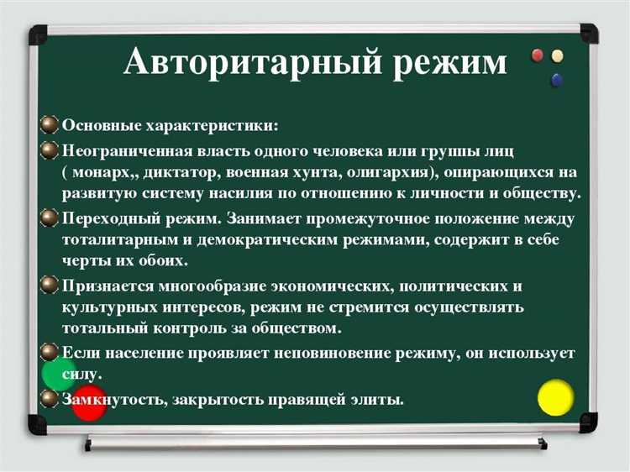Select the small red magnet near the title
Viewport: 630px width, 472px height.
click(539, 57)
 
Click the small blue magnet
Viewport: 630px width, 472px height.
click(555, 81)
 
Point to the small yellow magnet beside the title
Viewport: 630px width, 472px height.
click(557, 57)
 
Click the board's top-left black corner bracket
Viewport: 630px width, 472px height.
click(39, 35)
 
